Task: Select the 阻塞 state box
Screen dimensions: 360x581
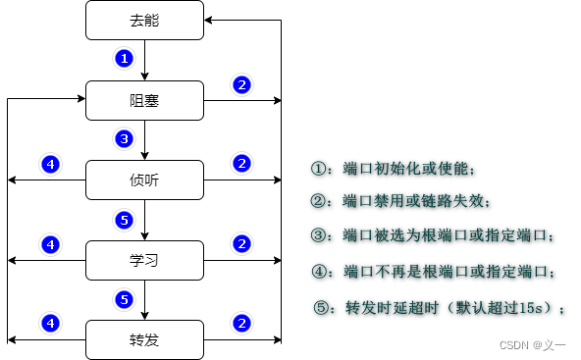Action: click(x=144, y=99)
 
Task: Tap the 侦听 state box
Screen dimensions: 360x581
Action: click(x=144, y=180)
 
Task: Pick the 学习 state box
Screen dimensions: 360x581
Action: click(x=144, y=260)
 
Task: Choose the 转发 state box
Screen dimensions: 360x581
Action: click(x=144, y=340)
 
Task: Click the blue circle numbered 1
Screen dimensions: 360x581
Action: click(x=124, y=59)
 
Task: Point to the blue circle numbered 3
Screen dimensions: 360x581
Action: click(x=124, y=139)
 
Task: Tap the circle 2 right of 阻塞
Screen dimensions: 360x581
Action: click(x=240, y=84)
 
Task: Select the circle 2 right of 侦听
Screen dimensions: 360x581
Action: click(x=240, y=163)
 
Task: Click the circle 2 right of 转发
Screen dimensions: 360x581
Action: click(x=240, y=322)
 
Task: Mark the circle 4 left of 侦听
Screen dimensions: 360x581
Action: click(x=50, y=163)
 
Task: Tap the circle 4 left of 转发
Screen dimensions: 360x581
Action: click(x=50, y=322)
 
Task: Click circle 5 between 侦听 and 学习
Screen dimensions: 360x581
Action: click(x=124, y=219)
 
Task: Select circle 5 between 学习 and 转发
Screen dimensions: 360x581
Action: click(x=124, y=299)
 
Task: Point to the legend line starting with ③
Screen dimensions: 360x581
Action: click(x=433, y=236)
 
